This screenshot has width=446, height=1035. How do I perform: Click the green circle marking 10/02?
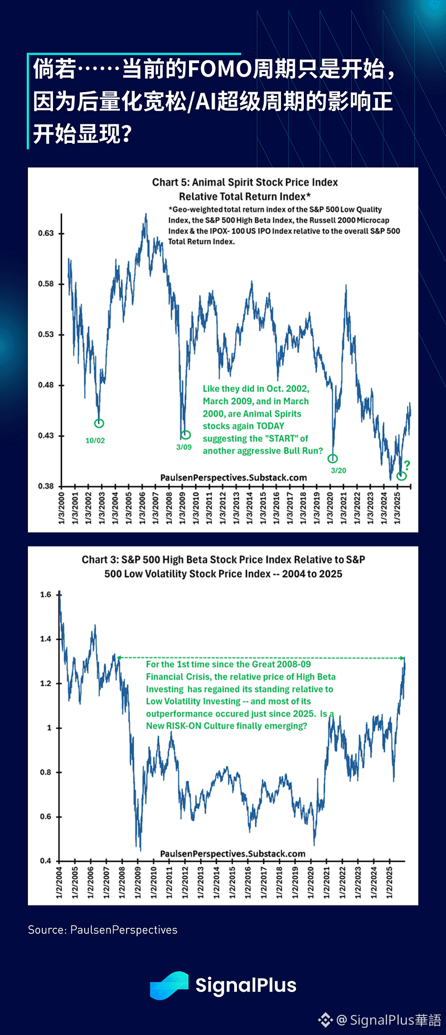click(99, 423)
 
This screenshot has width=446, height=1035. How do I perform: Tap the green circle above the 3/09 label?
click(186, 434)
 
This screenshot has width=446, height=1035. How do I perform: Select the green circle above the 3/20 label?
click(333, 458)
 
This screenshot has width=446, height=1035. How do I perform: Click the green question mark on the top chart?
click(407, 465)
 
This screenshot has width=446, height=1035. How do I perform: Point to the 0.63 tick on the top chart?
click(46, 233)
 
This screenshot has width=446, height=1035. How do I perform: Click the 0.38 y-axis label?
click(46, 486)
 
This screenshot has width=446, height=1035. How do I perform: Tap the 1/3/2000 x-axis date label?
click(61, 508)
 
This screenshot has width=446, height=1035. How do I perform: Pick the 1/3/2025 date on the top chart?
click(397, 508)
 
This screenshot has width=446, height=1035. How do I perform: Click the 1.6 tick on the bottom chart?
click(46, 595)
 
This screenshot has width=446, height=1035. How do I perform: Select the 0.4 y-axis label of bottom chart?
click(46, 861)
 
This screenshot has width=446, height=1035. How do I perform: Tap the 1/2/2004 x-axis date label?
click(59, 883)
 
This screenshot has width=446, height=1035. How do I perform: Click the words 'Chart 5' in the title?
click(165, 183)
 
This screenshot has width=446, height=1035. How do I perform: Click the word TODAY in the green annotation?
click(270, 426)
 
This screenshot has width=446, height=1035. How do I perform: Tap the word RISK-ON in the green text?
click(183, 726)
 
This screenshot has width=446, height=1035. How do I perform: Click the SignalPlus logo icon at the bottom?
click(169, 985)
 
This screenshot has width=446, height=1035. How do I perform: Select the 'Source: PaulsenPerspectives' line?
click(103, 929)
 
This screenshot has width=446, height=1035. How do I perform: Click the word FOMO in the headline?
click(220, 69)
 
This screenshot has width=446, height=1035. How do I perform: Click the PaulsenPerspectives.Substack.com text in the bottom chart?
click(232, 854)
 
